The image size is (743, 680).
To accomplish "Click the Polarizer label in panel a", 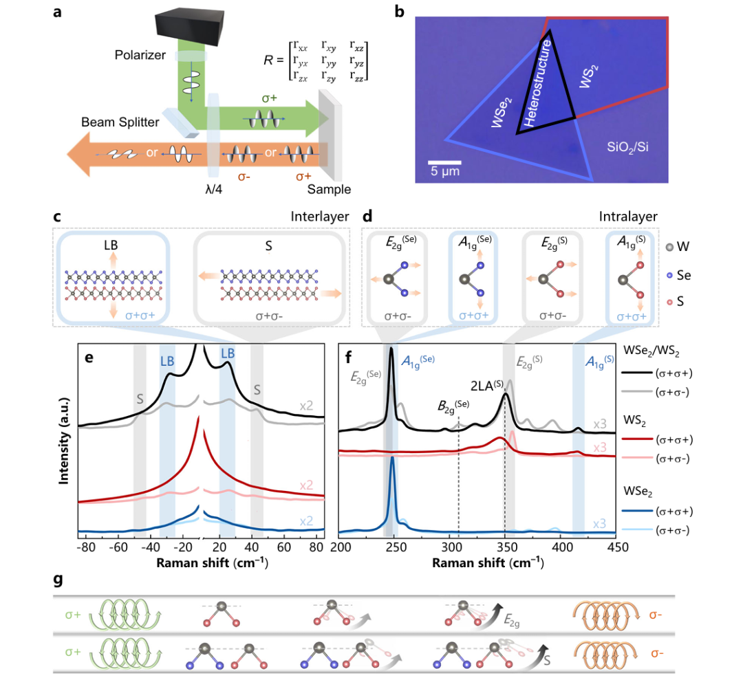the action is click(140, 56).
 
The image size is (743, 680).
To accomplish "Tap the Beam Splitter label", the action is click(120, 122).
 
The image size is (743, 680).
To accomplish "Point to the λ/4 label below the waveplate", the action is click(213, 189).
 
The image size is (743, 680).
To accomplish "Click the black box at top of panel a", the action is click(190, 25).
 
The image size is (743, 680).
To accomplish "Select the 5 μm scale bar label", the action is click(445, 171).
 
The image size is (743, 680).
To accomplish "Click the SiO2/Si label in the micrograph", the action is click(627, 147).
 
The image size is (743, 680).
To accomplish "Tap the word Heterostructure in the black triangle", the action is click(538, 83).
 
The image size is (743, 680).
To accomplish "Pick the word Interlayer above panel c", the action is click(320, 217).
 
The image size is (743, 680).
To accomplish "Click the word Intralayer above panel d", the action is click(628, 217).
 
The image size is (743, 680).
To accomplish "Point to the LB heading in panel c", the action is click(111, 245).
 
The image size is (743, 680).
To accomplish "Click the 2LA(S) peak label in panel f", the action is click(487, 386).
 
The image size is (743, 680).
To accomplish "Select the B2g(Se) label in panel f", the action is click(453, 406).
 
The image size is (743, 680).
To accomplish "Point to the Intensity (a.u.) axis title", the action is click(64, 441).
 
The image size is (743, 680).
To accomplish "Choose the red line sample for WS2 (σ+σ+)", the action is click(637, 439).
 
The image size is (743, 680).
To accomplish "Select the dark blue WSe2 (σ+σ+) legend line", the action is click(637, 512).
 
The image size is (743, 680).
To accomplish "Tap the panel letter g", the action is click(58, 580).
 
